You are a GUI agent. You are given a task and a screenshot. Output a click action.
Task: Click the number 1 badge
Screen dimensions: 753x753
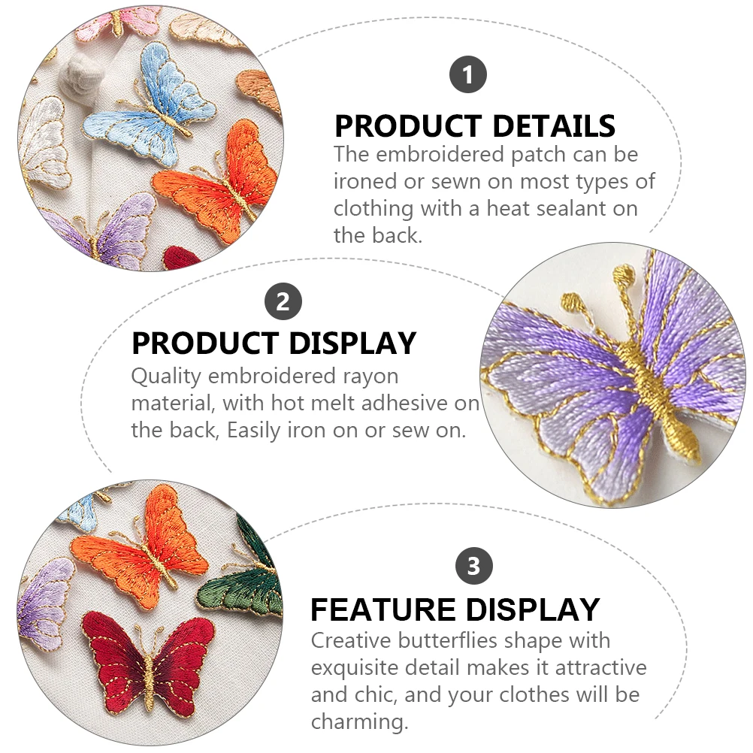tap(468, 75)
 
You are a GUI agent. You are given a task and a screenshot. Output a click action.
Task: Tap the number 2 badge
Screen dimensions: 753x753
tap(283, 302)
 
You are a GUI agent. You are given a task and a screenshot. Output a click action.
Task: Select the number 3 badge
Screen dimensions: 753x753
tap(473, 565)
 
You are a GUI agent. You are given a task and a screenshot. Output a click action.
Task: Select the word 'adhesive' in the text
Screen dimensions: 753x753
tap(407, 403)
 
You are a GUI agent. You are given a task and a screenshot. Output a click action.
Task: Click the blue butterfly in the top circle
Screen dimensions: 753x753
tap(154, 105)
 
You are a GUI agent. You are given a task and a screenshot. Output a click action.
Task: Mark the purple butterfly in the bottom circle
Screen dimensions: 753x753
tap(45, 601)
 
